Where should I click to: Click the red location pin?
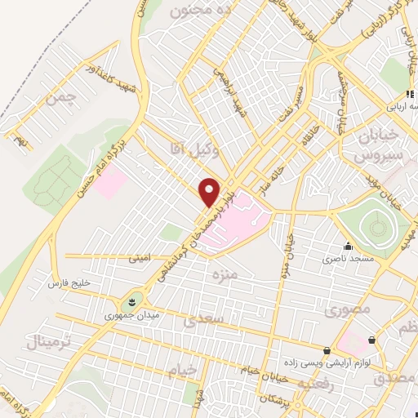pyautogui.click(x=211, y=192)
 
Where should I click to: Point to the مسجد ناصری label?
pyautogui.click(x=348, y=258)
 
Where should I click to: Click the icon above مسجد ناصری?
pyautogui.click(x=349, y=246)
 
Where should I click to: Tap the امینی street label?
pyautogui.click(x=139, y=258)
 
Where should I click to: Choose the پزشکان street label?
pyautogui.click(x=271, y=398)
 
